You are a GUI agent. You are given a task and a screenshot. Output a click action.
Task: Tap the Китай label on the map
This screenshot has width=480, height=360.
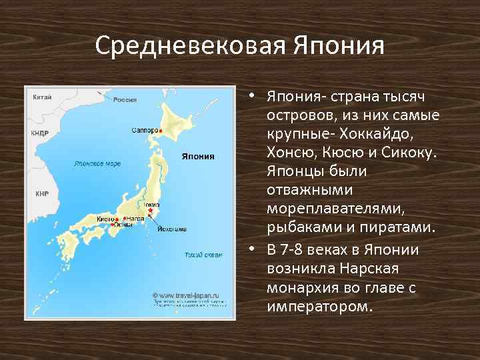[42, 97]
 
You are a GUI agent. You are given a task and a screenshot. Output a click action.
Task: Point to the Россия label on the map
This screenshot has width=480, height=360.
[125, 100]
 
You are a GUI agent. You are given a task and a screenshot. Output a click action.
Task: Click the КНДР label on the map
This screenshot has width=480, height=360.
[40, 133]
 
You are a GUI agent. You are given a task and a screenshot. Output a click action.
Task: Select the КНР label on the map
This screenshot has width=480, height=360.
[42, 194]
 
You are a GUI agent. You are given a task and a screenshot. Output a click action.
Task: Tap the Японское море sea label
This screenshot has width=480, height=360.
[97, 163]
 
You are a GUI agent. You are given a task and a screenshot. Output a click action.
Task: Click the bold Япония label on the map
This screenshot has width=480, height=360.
[198, 157]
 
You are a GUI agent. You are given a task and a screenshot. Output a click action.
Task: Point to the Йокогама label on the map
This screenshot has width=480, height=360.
[171, 229]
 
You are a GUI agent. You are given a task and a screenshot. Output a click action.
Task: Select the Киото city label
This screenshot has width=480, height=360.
[105, 219]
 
